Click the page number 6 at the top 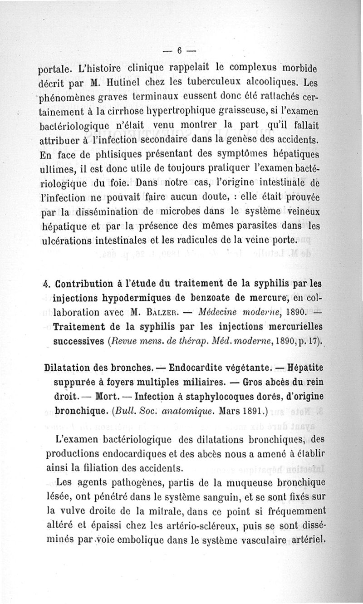pyautogui.click(x=180, y=50)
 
